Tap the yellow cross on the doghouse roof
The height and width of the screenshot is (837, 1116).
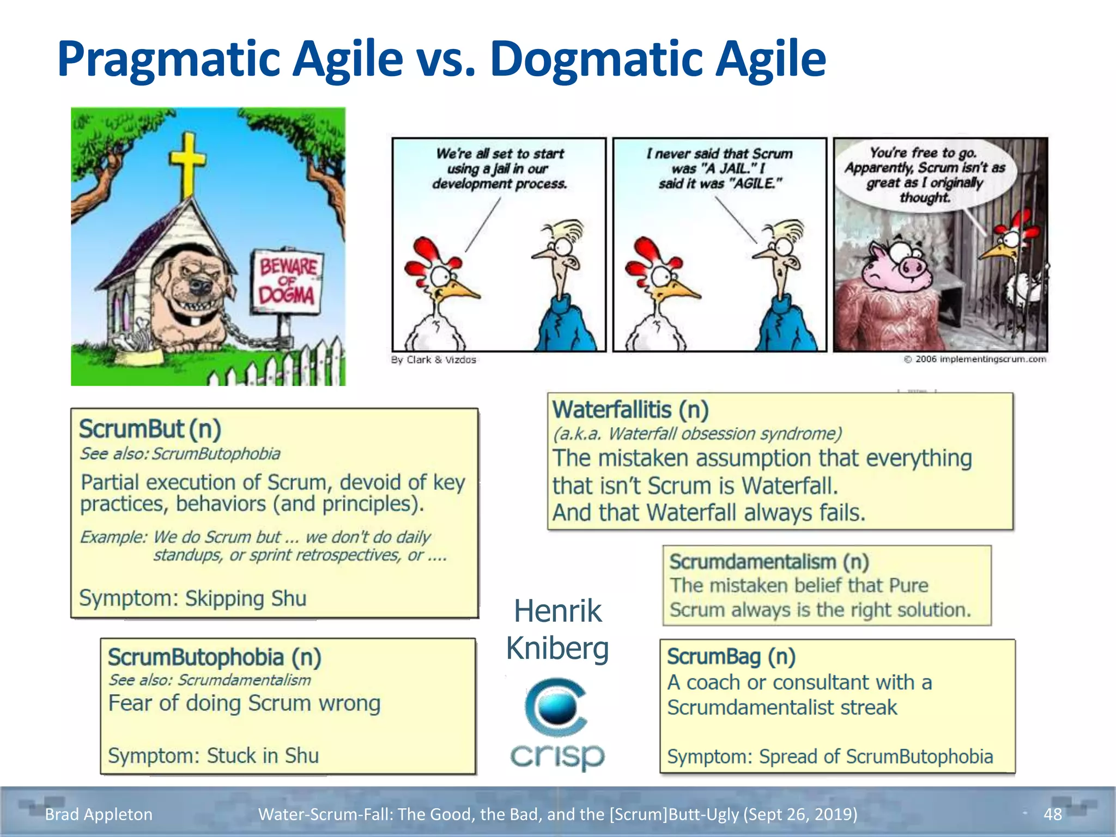(187, 163)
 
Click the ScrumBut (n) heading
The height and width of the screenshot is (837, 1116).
(150, 429)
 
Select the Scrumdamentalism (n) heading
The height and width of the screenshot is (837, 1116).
(769, 562)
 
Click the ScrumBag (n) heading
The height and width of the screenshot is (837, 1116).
(731, 657)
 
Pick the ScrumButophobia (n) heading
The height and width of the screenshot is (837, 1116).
(214, 657)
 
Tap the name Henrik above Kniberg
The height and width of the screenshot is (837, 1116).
(557, 611)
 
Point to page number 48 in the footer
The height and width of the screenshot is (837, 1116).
(1052, 814)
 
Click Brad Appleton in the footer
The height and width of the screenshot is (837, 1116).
(99, 814)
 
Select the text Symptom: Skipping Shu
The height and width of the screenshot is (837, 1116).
(193, 598)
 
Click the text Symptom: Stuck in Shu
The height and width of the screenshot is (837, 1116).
(213, 756)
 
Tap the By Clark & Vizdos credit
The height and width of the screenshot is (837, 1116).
(433, 360)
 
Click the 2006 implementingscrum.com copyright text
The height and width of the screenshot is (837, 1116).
(975, 359)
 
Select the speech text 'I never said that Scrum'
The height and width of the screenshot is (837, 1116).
(719, 154)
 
